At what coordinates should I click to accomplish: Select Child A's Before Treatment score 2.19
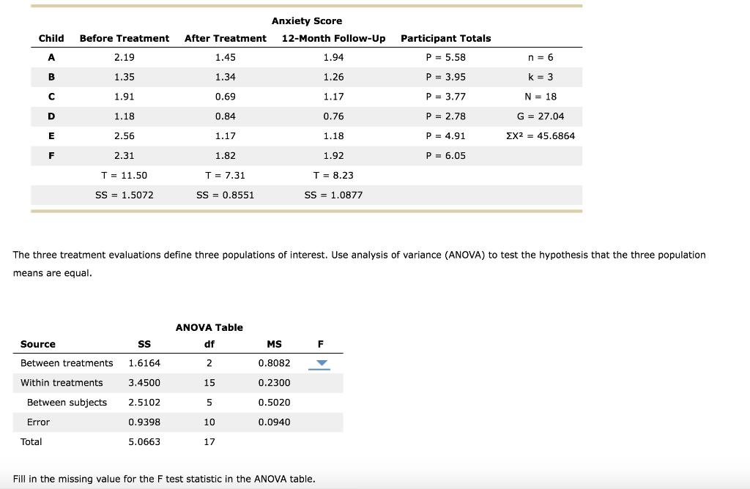(x=125, y=57)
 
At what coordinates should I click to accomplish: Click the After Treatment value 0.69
(x=226, y=97)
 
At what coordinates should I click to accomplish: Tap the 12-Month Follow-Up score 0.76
(x=333, y=116)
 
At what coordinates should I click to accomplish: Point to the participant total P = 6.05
(x=445, y=156)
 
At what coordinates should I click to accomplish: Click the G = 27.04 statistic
(x=541, y=116)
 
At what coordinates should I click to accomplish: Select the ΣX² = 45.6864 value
(x=541, y=136)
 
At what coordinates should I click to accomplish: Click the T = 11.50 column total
(x=125, y=176)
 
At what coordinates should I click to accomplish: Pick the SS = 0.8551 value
(x=226, y=195)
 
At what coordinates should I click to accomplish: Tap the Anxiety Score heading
(x=307, y=21)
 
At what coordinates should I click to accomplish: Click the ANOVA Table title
(x=209, y=328)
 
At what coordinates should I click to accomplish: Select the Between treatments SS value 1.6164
(x=144, y=363)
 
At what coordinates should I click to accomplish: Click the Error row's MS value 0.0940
(x=274, y=422)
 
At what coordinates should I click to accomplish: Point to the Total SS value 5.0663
(x=144, y=442)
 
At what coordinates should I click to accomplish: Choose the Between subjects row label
(x=67, y=403)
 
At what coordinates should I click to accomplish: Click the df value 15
(x=209, y=383)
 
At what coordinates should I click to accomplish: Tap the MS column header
(x=274, y=344)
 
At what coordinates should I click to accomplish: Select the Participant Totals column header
(x=446, y=38)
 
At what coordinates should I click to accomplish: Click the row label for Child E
(x=51, y=136)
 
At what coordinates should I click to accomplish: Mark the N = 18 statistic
(x=541, y=97)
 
